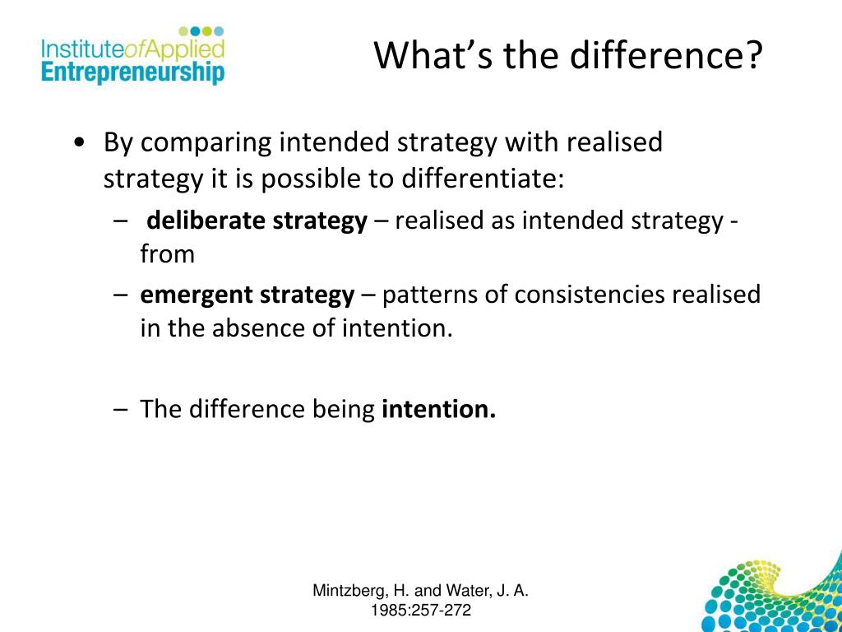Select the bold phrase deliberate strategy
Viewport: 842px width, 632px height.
point(257,221)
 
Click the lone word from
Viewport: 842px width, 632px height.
point(167,254)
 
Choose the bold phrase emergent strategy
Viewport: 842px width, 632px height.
point(248,295)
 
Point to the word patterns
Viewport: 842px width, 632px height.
point(429,295)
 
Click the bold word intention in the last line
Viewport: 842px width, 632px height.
point(438,408)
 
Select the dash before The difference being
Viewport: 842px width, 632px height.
point(122,408)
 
